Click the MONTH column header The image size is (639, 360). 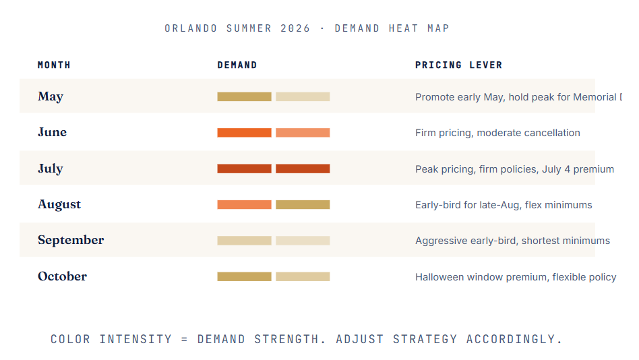pos(54,65)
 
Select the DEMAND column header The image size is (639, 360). pos(237,65)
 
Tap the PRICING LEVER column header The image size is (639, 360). pos(458,65)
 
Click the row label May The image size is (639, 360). pos(51,96)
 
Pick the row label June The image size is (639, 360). pos(52,132)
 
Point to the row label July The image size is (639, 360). pos(50,169)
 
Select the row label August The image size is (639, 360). pos(59,204)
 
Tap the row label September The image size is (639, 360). pos(71,240)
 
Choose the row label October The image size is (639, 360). pos(62,276)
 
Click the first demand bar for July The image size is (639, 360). pos(244,169)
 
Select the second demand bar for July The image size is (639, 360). pos(303,169)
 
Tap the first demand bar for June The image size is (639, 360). pos(244,133)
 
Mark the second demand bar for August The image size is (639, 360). pos(303,204)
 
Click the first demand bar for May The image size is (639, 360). pos(244,96)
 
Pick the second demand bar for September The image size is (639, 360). pos(303,241)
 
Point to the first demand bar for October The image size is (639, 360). pos(244,276)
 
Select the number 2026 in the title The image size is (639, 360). pos(294,28)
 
